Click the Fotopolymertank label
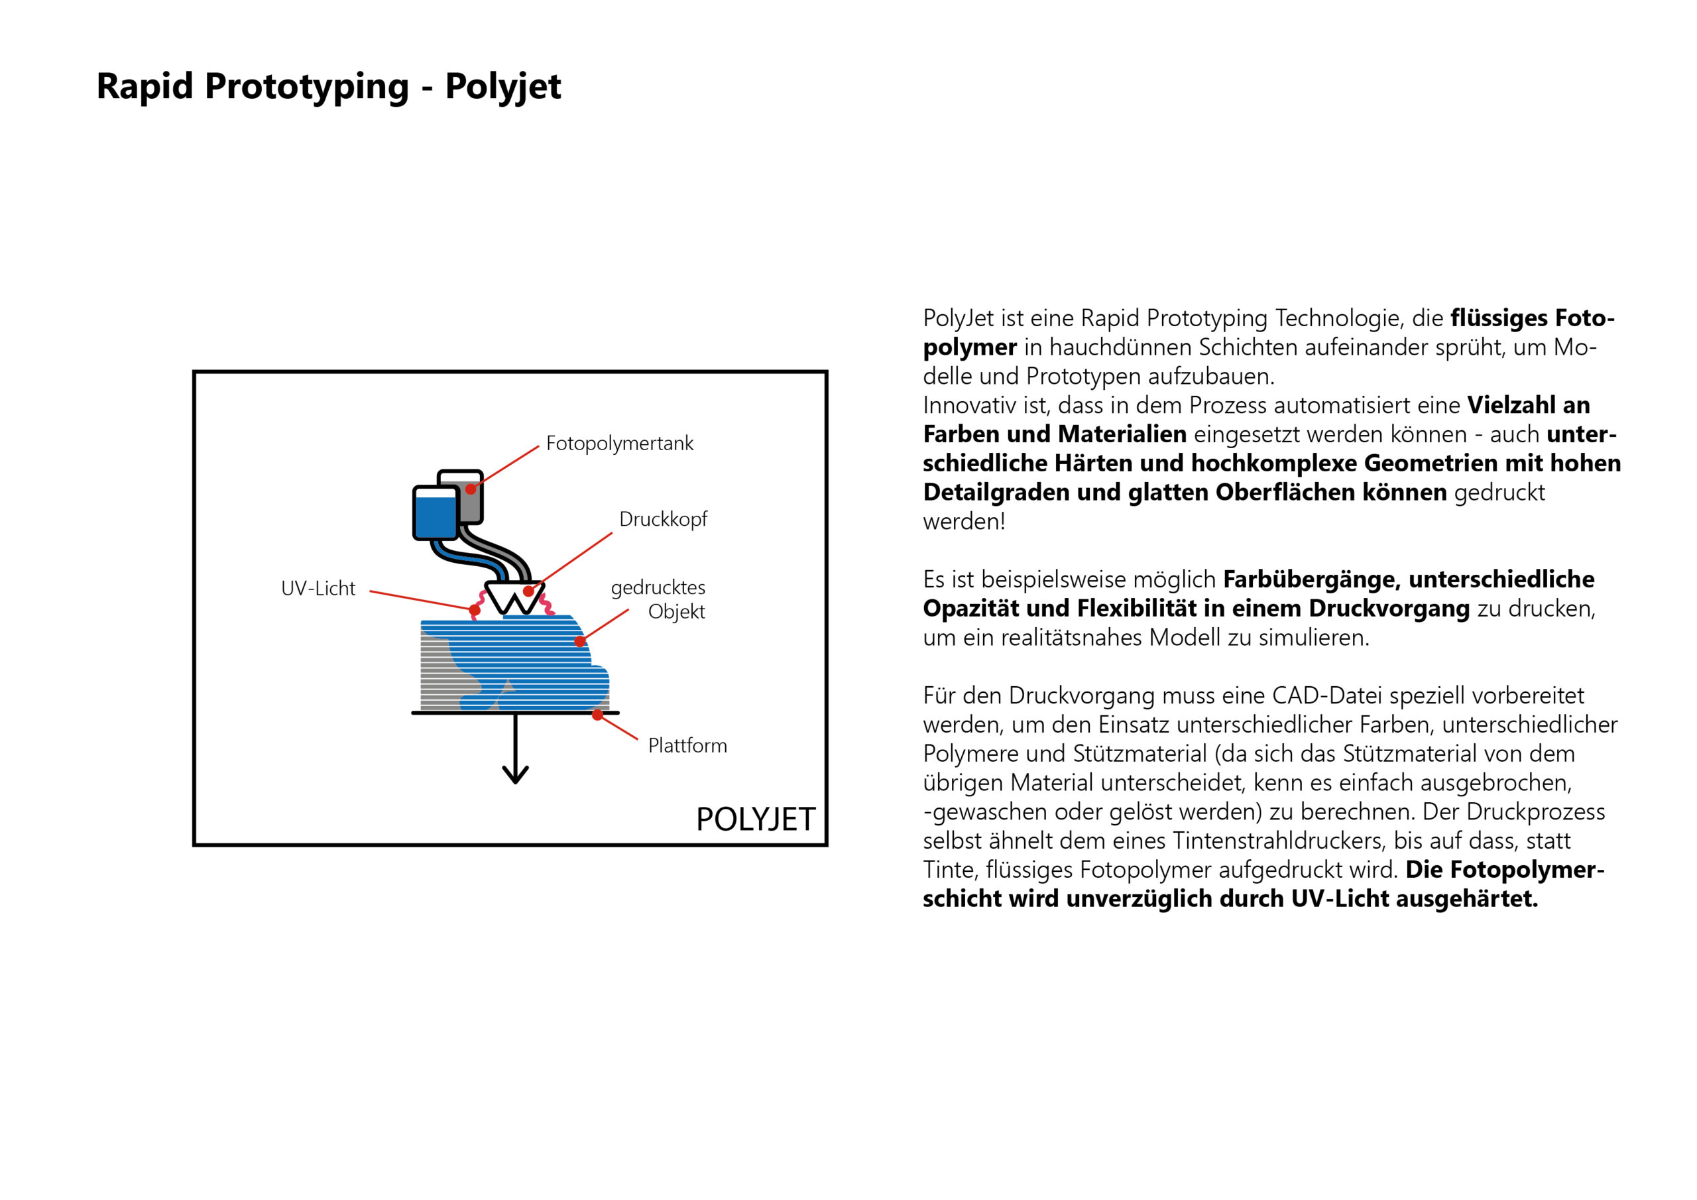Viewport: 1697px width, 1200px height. tap(619, 444)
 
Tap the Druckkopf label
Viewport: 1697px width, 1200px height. tap(663, 520)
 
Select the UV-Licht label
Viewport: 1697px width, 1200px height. tap(318, 589)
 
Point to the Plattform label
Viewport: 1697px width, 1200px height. tap(687, 746)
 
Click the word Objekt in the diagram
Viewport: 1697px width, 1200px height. tap(676, 612)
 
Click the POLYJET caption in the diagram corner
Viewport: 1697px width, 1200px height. tap(756, 819)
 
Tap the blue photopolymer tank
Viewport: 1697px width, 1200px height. tap(436, 515)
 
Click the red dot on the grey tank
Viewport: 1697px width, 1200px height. tap(471, 489)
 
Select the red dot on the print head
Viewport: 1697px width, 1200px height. tap(528, 591)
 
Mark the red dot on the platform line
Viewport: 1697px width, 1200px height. tap(597, 715)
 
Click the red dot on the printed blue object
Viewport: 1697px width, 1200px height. tap(580, 642)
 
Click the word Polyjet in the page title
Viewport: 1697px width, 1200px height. tap(502, 88)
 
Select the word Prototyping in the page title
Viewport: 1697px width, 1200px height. tap(307, 88)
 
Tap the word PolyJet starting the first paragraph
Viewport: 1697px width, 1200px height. tap(958, 319)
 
